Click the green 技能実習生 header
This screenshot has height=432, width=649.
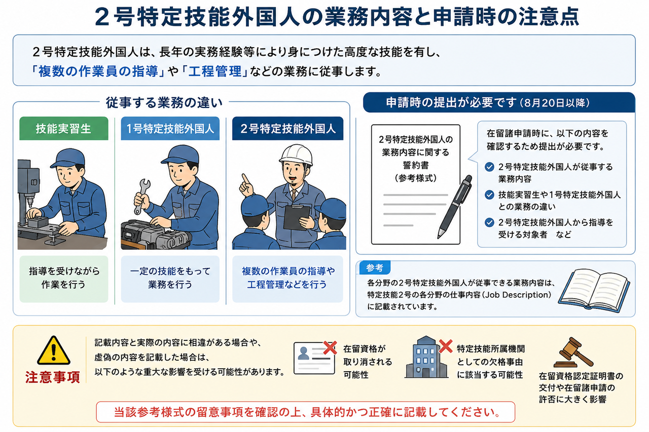tap(64, 129)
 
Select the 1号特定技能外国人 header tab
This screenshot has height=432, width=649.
tap(170, 129)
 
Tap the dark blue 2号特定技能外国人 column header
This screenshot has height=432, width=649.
tap(287, 129)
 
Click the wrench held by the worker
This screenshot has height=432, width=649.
tap(142, 196)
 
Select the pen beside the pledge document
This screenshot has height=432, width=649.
tap(454, 207)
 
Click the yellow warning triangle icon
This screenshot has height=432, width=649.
tap(54, 350)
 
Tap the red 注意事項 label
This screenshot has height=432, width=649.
tap(52, 377)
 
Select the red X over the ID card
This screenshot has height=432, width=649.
tap(330, 348)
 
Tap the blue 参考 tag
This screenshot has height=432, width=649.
tap(375, 268)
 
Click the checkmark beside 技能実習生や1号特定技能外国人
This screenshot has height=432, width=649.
tap(489, 195)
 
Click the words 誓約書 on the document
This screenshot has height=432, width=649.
tap(415, 165)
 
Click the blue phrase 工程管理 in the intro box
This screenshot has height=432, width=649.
tap(215, 71)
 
